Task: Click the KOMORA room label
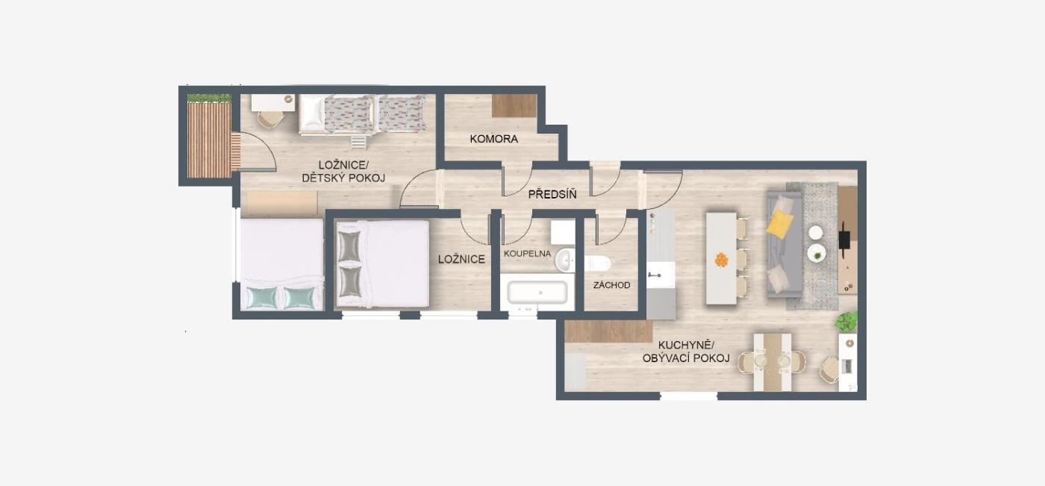coord(493,139)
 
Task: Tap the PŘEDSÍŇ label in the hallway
coord(552,194)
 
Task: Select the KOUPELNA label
coord(527,254)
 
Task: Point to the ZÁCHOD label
coord(611,285)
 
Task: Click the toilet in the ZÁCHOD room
coord(598,264)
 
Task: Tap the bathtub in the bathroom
coord(537,293)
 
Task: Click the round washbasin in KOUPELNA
coord(565,260)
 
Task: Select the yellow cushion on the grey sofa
coord(779,223)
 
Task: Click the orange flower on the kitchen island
coord(721,260)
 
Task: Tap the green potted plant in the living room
coord(846,321)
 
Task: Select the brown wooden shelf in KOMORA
coord(514,106)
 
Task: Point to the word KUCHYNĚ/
coord(686,346)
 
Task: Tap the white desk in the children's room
coord(273,102)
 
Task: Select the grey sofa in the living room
coord(784,244)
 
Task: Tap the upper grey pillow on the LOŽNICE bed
coord(349,246)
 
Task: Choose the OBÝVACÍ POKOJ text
coord(686,358)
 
